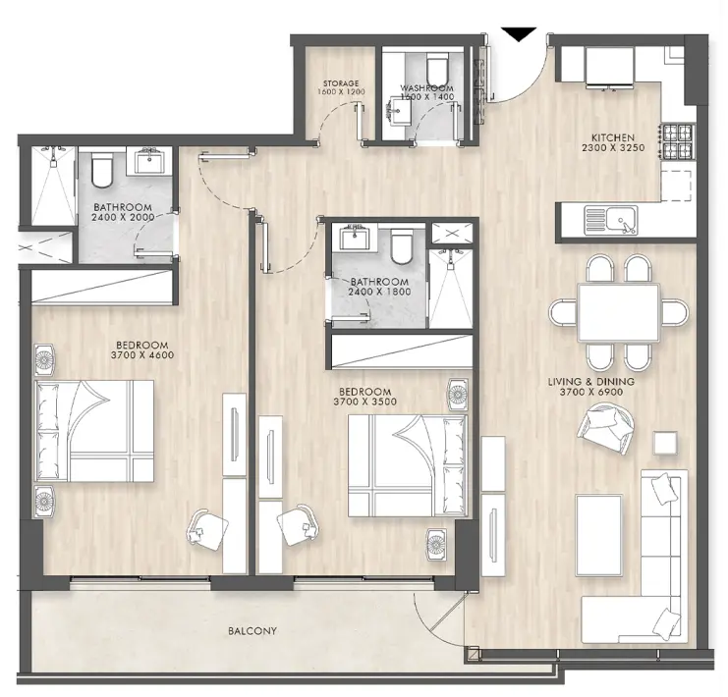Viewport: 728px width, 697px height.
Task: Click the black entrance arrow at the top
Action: click(519, 35)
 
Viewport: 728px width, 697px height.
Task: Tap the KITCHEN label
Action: click(611, 137)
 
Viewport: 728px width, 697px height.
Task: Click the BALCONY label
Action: click(253, 631)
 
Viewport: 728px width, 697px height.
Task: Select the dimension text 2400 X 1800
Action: click(378, 293)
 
